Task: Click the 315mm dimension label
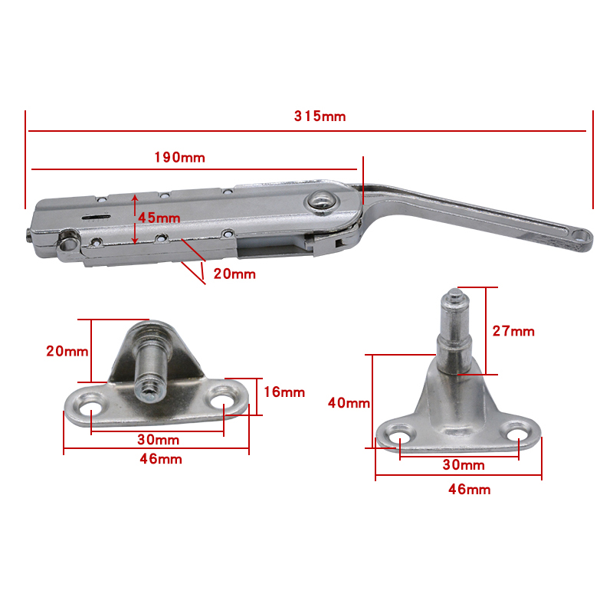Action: click(x=320, y=116)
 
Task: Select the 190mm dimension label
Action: click(x=180, y=157)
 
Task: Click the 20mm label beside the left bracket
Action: click(x=67, y=352)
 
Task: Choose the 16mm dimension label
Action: click(x=284, y=392)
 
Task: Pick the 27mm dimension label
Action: click(x=513, y=331)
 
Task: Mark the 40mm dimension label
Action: click(x=349, y=403)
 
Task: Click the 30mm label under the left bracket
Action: click(x=158, y=440)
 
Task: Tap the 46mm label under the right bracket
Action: click(x=470, y=490)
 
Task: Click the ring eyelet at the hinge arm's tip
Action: click(x=579, y=236)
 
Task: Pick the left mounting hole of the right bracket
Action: click(x=399, y=439)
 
